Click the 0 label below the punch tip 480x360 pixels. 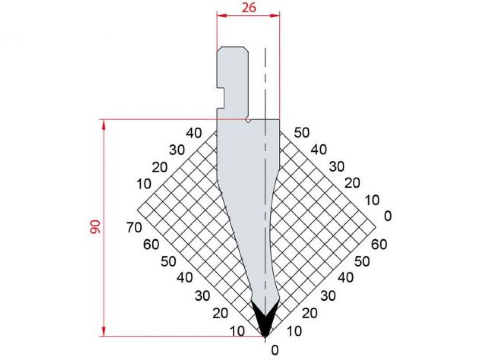[274, 350]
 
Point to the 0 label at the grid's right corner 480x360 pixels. [387, 216]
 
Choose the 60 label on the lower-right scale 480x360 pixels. [379, 244]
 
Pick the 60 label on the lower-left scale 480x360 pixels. [152, 244]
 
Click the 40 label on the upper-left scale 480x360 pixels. [194, 133]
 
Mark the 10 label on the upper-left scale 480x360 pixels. [143, 184]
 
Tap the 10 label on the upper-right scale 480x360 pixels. [372, 200]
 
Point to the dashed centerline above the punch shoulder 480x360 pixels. [265, 80]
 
